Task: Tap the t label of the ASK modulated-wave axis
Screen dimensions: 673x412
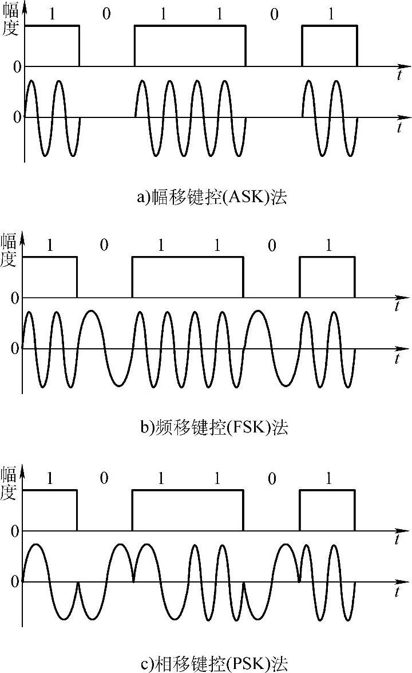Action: click(399, 128)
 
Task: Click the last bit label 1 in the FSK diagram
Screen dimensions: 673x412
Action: click(328, 246)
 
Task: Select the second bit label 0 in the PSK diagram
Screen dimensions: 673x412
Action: click(272, 479)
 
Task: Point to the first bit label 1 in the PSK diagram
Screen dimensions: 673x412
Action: click(50, 479)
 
